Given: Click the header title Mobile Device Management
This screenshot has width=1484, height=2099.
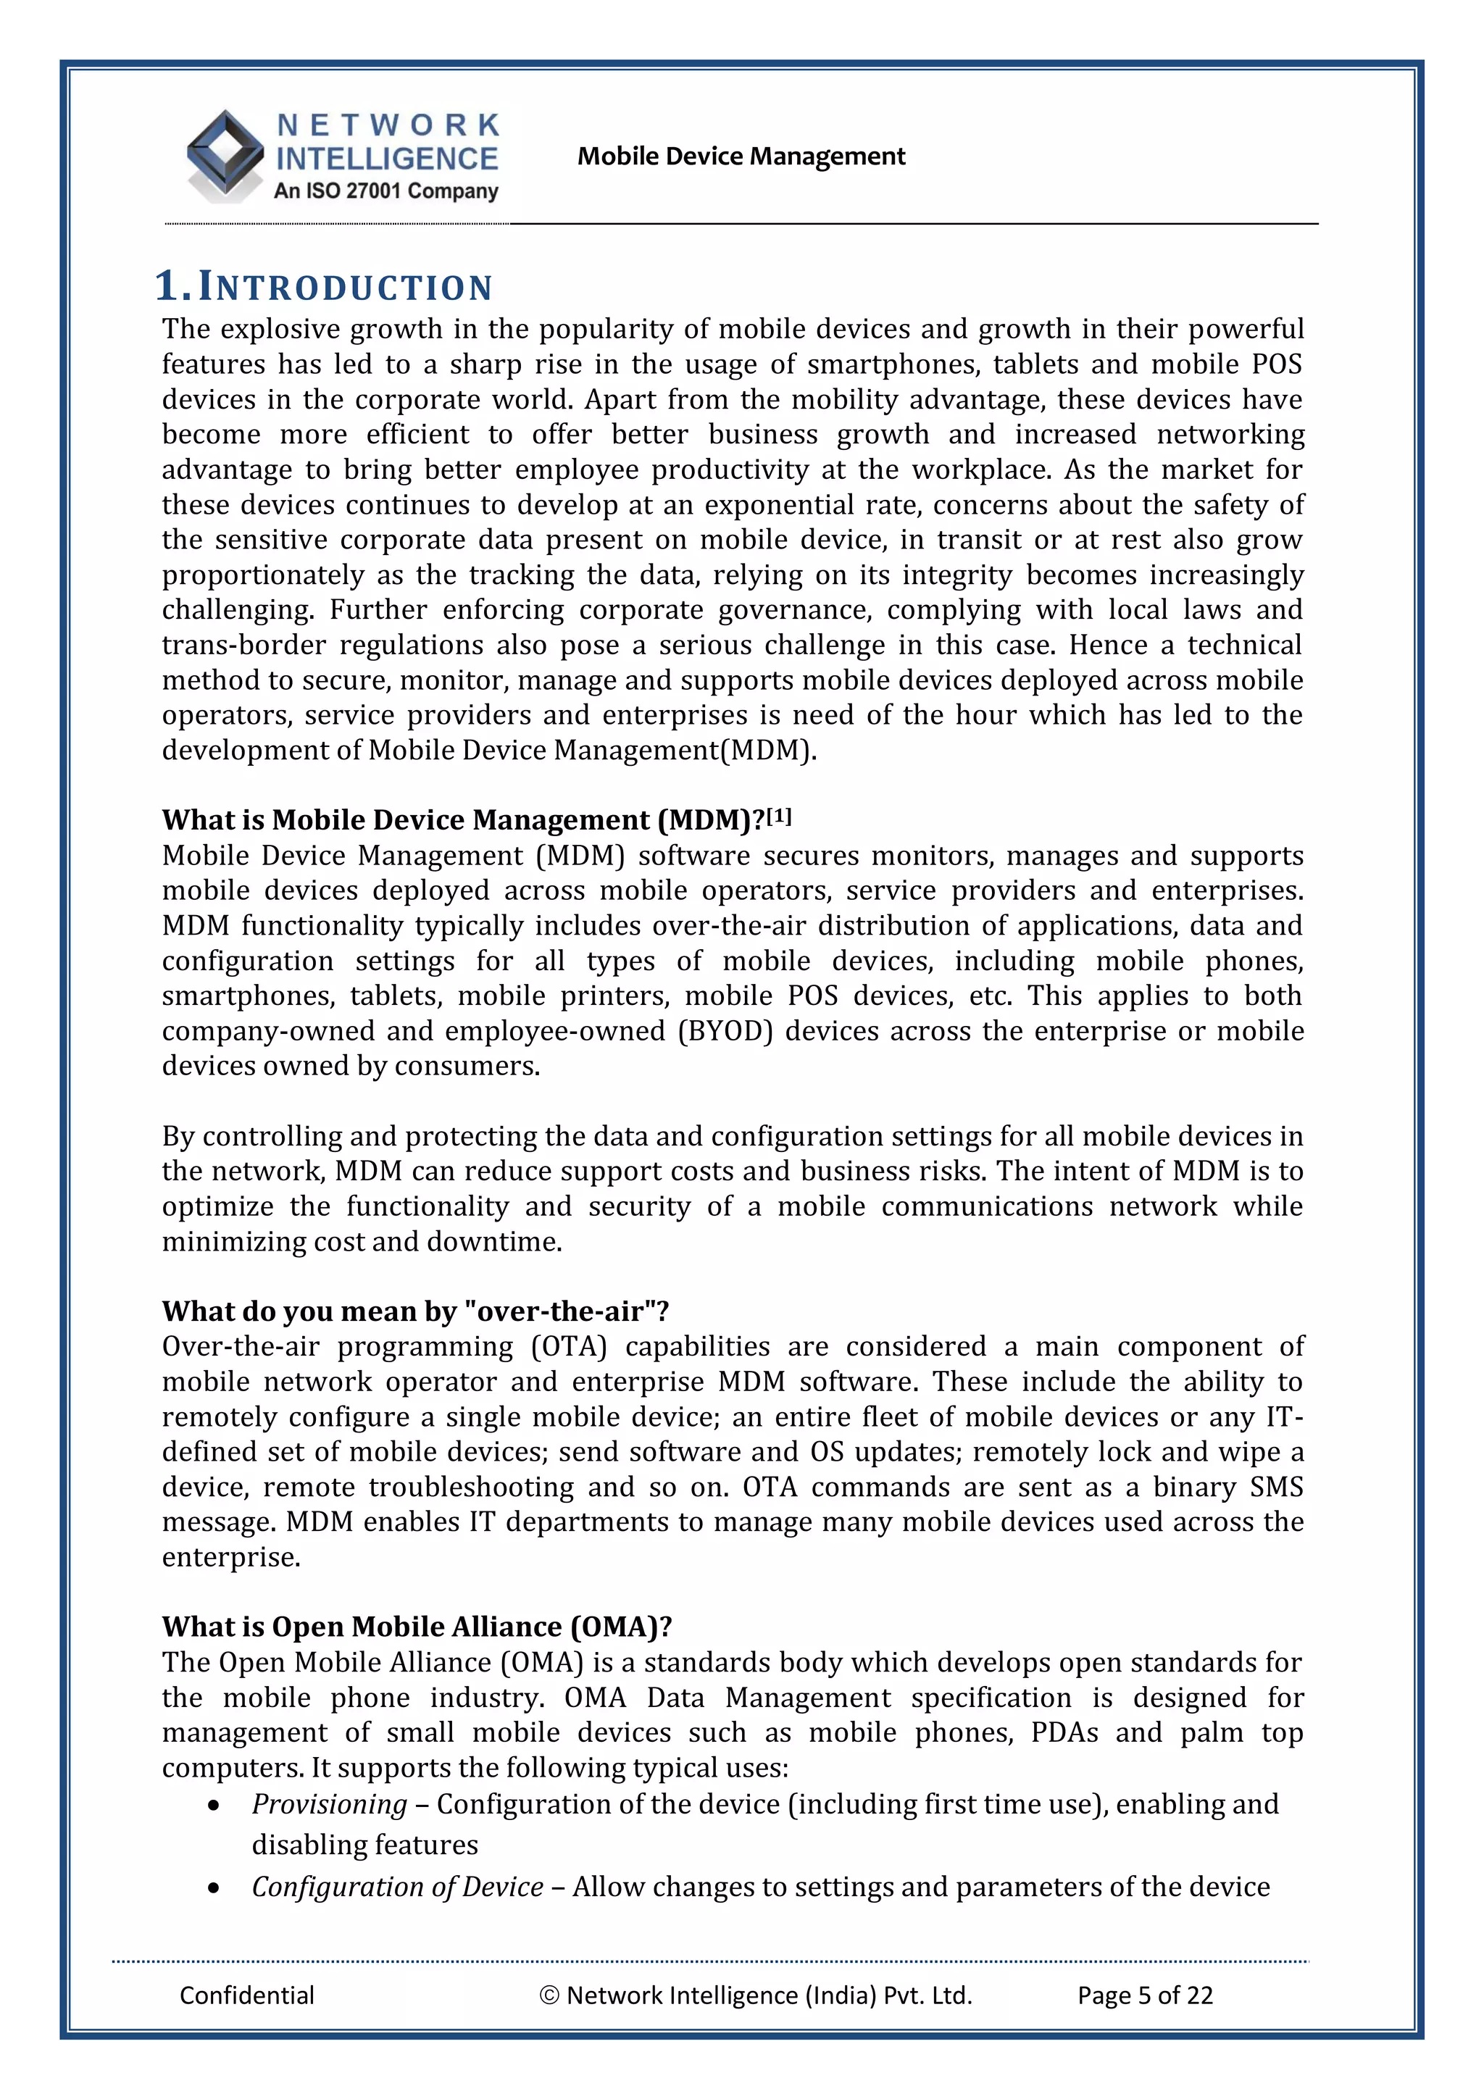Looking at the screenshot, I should click(741, 157).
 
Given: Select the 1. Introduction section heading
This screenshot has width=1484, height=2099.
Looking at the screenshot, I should click(324, 286).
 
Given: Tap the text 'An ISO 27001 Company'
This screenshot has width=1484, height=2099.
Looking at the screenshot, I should click(386, 191).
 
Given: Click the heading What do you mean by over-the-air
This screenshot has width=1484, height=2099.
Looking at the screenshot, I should click(415, 1311).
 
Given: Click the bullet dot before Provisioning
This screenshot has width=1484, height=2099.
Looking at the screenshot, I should click(213, 1806).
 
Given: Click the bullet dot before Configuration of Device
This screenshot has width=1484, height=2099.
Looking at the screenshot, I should click(213, 1888).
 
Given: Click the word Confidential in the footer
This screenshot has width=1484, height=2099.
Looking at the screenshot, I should click(247, 1995).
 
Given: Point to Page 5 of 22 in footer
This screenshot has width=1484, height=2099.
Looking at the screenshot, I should click(1145, 1995).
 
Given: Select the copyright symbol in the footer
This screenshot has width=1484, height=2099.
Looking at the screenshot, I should click(549, 1995).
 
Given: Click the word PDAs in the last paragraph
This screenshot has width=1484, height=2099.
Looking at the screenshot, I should click(1064, 1732).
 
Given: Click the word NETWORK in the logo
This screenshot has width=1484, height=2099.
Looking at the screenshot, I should click(388, 125).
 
